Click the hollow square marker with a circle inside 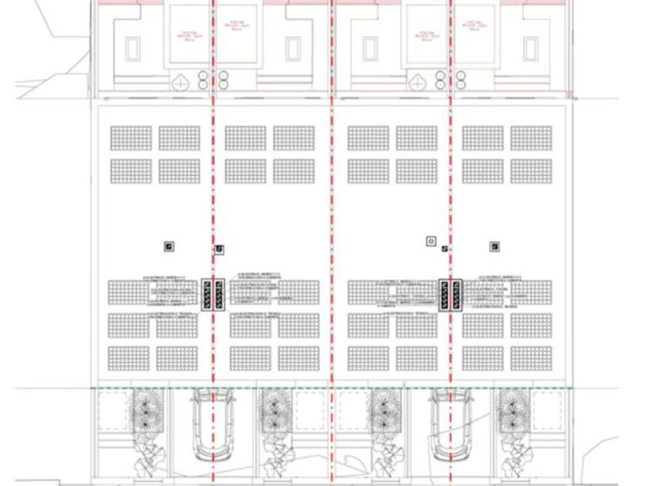(430, 241)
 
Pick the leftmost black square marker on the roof (169, 246)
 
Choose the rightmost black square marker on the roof (494, 246)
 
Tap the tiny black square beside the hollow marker (444, 248)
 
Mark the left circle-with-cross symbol (179, 80)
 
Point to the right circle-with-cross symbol (417, 80)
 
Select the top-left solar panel (131, 137)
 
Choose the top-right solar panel (531, 137)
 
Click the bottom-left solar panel (128, 358)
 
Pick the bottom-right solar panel (531, 358)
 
